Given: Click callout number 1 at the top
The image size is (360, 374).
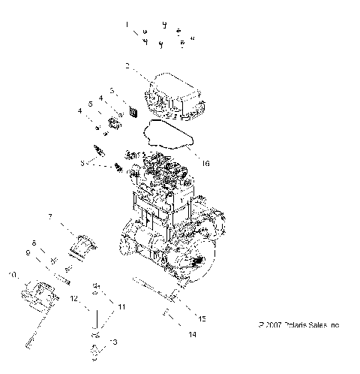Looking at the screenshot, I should point(127,25).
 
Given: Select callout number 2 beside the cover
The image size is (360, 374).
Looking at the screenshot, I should point(127,66).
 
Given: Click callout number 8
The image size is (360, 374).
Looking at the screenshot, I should point(34,242).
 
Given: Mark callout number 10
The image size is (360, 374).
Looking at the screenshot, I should point(12,275).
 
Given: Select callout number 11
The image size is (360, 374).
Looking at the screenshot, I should point(122,307).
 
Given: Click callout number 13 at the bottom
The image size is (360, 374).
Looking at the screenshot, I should point(113,342).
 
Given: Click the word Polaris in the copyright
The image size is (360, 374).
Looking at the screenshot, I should point(285,326).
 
